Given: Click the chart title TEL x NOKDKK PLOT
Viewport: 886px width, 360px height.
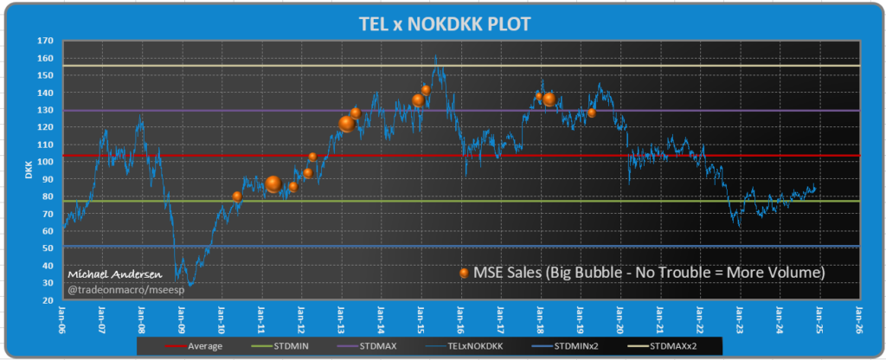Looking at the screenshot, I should click(x=446, y=24).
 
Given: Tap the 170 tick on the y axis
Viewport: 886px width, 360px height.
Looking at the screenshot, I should click(x=46, y=41).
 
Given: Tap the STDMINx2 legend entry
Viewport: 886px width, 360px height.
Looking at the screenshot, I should click(x=579, y=346).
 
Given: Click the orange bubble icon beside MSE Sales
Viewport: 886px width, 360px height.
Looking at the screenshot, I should click(x=465, y=273).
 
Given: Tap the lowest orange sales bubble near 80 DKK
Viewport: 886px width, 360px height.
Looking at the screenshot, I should click(x=237, y=196).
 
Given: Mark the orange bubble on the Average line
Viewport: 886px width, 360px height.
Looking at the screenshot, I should click(x=312, y=157).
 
